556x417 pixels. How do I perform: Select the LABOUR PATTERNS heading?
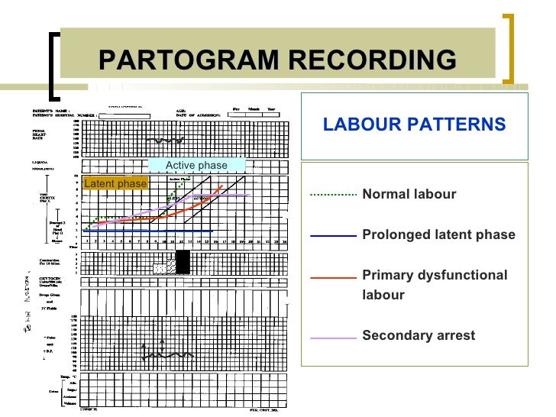pyautogui.click(x=414, y=124)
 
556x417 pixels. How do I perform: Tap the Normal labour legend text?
pyautogui.click(x=409, y=194)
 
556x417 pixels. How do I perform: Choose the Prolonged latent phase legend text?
pyautogui.click(x=438, y=234)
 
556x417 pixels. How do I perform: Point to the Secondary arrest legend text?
pyautogui.click(x=418, y=335)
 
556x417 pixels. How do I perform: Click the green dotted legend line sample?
pyautogui.click(x=333, y=195)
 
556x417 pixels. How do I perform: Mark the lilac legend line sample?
pyautogui.click(x=333, y=336)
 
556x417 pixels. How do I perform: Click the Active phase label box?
pyautogui.click(x=196, y=165)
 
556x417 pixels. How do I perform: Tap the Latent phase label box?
pyautogui.click(x=115, y=183)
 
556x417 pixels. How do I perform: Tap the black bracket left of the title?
pyautogui.click(x=53, y=64)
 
